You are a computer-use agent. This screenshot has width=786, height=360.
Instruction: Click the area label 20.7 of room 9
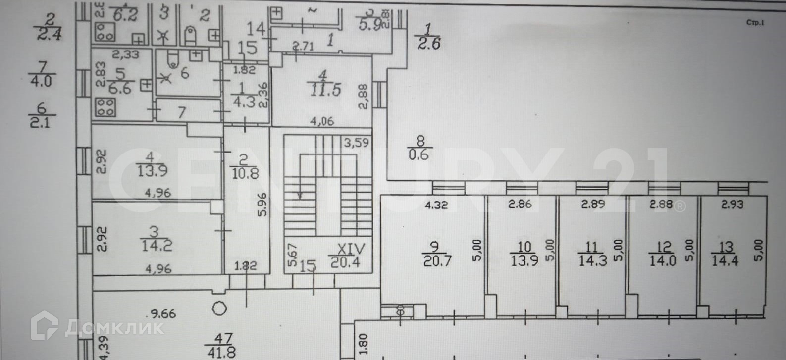437,260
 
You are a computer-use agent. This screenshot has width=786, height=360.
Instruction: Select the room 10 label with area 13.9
524,260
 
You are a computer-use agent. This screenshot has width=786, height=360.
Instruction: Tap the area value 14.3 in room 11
592,260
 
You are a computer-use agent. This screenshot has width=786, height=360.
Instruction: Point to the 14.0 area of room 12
662,260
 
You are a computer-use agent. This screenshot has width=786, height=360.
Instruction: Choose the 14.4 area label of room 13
725,260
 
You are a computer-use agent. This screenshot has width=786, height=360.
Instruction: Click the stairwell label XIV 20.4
351,256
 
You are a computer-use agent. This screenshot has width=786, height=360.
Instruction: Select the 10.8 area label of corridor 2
245,174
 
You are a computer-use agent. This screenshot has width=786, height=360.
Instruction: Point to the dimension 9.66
164,313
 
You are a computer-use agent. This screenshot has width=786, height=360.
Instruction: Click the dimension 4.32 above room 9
436,205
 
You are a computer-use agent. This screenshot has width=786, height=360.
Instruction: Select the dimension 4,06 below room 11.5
322,121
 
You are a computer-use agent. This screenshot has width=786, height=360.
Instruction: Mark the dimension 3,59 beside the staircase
357,144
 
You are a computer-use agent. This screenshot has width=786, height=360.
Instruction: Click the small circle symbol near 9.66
219,309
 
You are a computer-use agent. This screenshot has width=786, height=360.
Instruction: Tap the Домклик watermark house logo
44,325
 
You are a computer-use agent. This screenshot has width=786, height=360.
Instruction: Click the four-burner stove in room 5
105,106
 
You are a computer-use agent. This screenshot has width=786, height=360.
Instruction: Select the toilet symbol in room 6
172,59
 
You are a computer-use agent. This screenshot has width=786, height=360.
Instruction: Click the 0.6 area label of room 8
419,154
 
